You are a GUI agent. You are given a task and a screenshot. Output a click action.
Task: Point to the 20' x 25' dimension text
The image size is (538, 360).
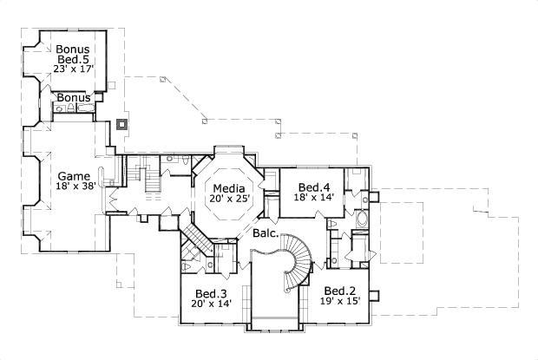229,199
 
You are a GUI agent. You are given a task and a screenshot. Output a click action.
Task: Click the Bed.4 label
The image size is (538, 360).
313,187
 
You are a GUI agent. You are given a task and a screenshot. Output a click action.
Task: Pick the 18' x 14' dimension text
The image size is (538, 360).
313,199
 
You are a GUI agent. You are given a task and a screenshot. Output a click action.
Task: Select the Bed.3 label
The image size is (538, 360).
211,292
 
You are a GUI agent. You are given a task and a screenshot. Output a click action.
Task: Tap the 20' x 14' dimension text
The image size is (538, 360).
211,304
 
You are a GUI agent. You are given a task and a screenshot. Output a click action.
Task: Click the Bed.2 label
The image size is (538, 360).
340,290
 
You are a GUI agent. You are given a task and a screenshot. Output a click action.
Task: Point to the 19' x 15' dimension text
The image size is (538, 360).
340,302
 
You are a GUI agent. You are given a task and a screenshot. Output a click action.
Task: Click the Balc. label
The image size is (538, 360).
266,233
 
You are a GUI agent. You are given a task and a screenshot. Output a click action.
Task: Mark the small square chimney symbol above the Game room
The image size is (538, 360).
122,124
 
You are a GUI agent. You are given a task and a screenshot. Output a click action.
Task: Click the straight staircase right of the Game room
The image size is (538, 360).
153,181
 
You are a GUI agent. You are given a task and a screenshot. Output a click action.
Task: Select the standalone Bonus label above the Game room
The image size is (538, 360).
74,98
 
